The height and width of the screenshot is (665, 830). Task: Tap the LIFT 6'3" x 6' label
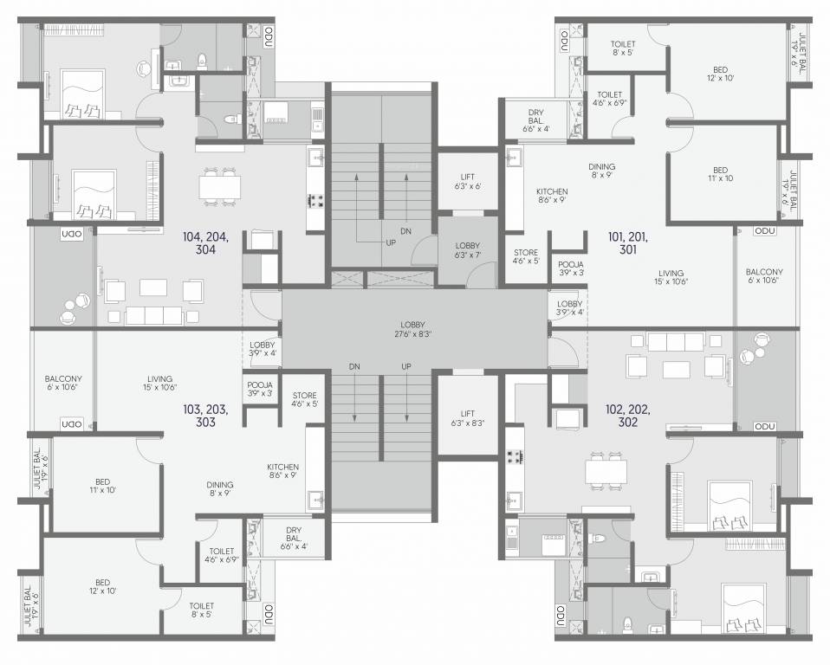(467, 181)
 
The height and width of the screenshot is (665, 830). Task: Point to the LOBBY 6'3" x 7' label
(467, 251)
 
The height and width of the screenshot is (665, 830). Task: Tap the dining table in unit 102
(606, 471)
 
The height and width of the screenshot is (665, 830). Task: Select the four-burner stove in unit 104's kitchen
(315, 201)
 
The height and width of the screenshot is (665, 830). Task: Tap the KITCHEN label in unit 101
(551, 196)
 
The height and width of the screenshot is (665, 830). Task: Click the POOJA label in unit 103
(260, 389)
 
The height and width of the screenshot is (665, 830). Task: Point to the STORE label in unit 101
(526, 257)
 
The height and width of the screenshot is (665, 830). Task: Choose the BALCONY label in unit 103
(63, 383)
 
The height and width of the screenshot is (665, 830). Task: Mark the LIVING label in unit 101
(670, 277)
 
